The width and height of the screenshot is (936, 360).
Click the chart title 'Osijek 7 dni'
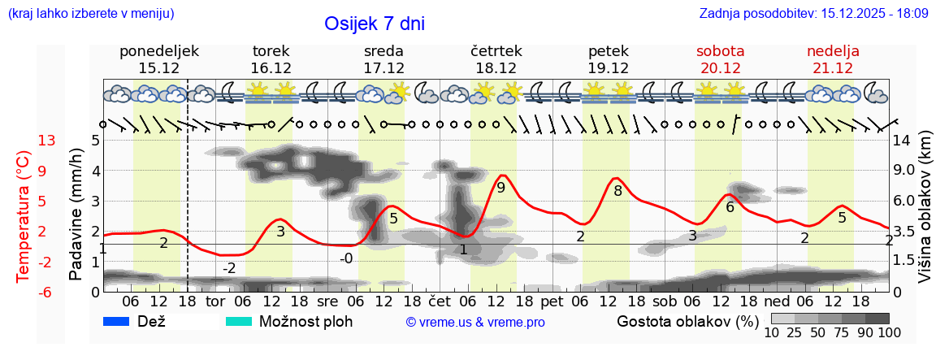tap(374, 24)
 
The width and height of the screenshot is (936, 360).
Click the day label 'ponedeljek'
tap(158, 51)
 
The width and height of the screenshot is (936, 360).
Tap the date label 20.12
tap(720, 68)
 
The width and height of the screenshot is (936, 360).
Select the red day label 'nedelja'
tap(833, 51)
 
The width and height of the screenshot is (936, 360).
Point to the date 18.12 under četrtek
tap(496, 68)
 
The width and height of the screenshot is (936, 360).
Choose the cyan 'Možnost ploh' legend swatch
tap(240, 321)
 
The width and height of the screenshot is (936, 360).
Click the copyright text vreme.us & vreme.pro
tap(475, 322)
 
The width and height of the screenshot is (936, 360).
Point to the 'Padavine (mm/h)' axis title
tap(76, 215)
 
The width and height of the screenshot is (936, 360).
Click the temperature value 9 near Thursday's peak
tap(500, 188)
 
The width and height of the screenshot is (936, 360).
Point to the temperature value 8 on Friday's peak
tap(617, 191)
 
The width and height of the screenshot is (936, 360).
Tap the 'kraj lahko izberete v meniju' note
tap(90, 14)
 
